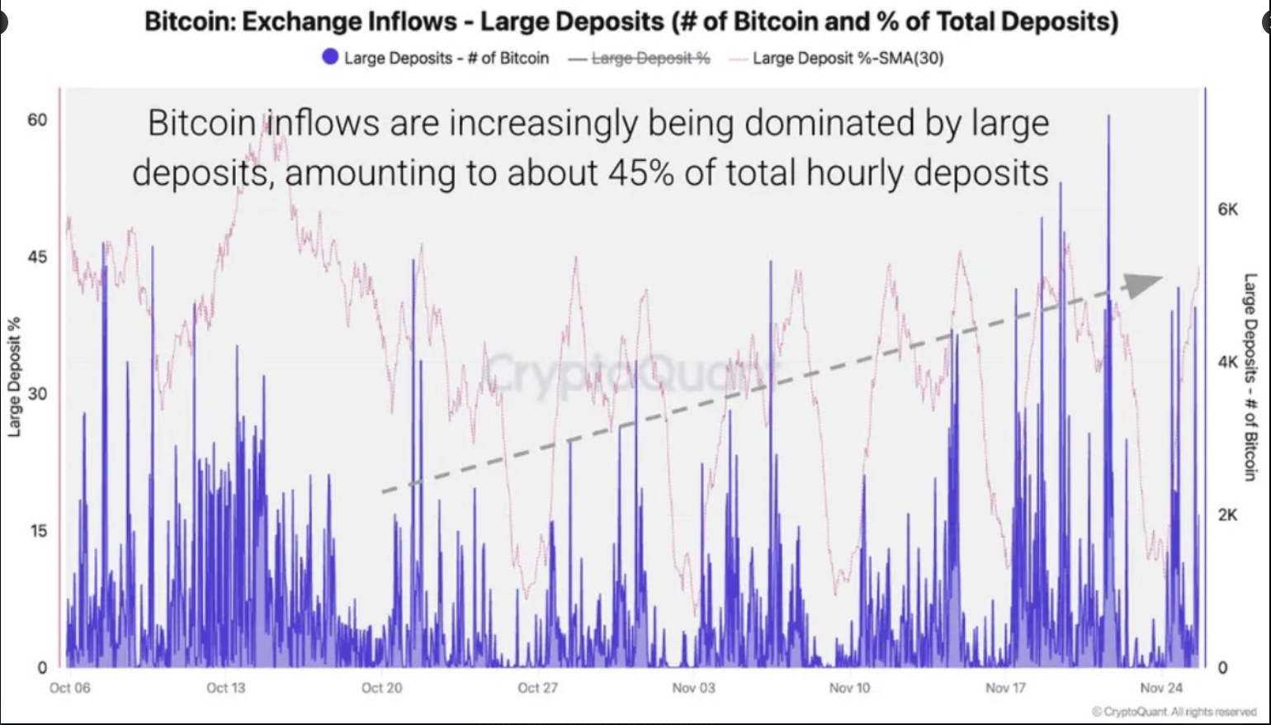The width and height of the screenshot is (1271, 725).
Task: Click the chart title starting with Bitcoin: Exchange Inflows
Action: click(631, 21)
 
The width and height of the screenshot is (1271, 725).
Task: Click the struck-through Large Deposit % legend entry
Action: click(650, 58)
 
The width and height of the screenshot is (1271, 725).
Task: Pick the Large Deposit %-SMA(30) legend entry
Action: click(848, 58)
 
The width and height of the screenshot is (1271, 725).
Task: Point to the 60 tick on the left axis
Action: click(37, 121)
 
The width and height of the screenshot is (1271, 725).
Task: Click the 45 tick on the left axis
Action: click(37, 257)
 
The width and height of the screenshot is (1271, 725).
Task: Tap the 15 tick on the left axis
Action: click(37, 531)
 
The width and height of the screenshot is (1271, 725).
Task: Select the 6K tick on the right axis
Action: click(1228, 210)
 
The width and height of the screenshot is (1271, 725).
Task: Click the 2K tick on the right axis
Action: click(1228, 515)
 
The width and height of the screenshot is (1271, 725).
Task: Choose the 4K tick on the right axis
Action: click(1228, 362)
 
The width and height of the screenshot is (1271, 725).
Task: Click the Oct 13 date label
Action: click(225, 688)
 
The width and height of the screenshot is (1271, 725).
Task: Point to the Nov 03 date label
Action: click(693, 688)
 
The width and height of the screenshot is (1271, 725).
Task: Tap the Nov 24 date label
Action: click(1161, 688)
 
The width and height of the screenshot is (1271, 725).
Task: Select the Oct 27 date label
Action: click(537, 688)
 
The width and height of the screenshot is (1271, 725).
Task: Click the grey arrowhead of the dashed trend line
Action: click(1143, 285)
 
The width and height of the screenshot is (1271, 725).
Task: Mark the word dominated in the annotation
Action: click(826, 124)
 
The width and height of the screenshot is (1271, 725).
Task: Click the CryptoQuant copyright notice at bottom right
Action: click(1174, 712)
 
